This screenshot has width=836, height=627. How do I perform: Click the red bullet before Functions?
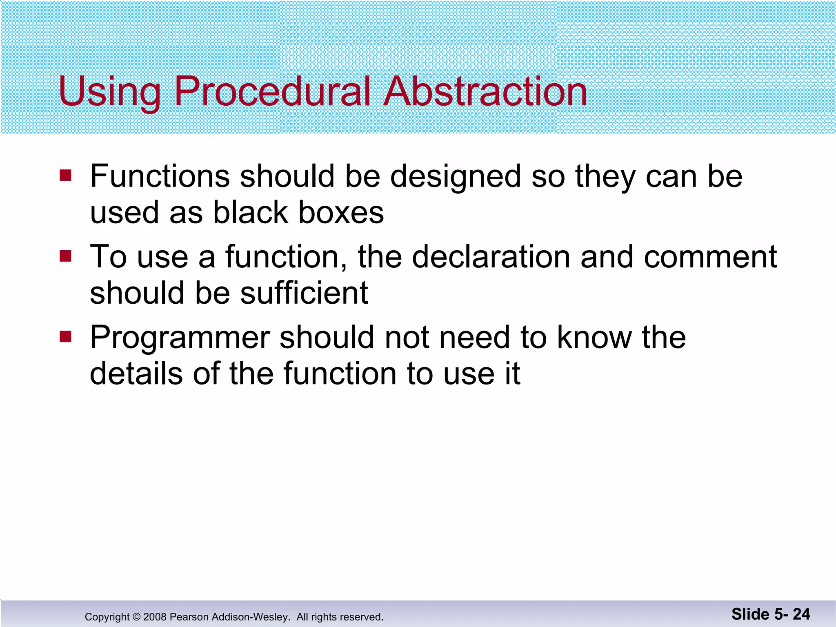pos(65,176)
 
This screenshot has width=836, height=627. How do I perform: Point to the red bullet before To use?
pos(65,256)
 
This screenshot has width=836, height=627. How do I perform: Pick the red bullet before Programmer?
pos(65,337)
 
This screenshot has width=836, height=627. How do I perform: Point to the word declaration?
pos(491,257)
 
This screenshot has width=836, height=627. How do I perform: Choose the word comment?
pos(710,257)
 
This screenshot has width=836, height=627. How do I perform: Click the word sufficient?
pos(304,293)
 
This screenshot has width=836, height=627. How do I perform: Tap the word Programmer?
pos(180,338)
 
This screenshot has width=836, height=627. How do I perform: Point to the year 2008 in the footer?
pos(155,617)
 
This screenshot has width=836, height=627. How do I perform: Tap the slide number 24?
pos(801,614)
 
